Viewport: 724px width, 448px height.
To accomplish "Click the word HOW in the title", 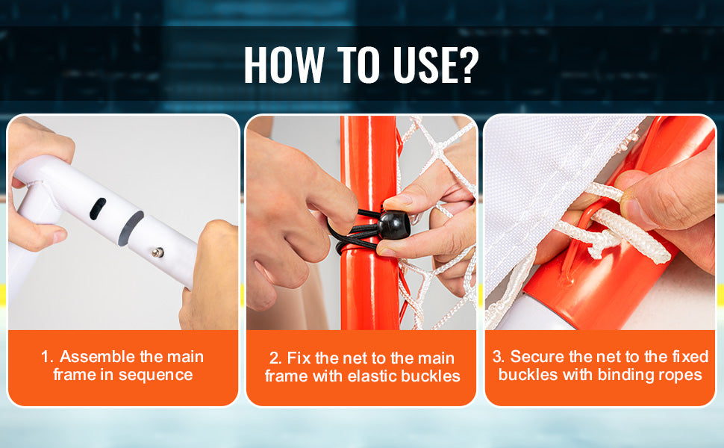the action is click(x=284, y=64).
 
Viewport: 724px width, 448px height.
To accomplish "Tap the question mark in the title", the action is click(x=466, y=64).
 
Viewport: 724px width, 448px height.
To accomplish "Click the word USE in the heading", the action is click(x=422, y=64).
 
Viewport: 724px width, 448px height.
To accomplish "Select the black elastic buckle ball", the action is click(x=393, y=225).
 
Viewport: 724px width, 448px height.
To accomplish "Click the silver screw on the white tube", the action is click(x=158, y=252).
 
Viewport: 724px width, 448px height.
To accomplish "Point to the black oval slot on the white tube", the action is click(x=98, y=209).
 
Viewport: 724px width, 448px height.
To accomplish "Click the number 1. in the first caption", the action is click(x=48, y=357).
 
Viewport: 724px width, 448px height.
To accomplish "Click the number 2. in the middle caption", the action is click(x=275, y=358).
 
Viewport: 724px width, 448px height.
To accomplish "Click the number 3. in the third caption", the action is click(x=499, y=357).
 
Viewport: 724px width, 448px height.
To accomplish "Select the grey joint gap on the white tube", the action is click(x=131, y=228).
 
